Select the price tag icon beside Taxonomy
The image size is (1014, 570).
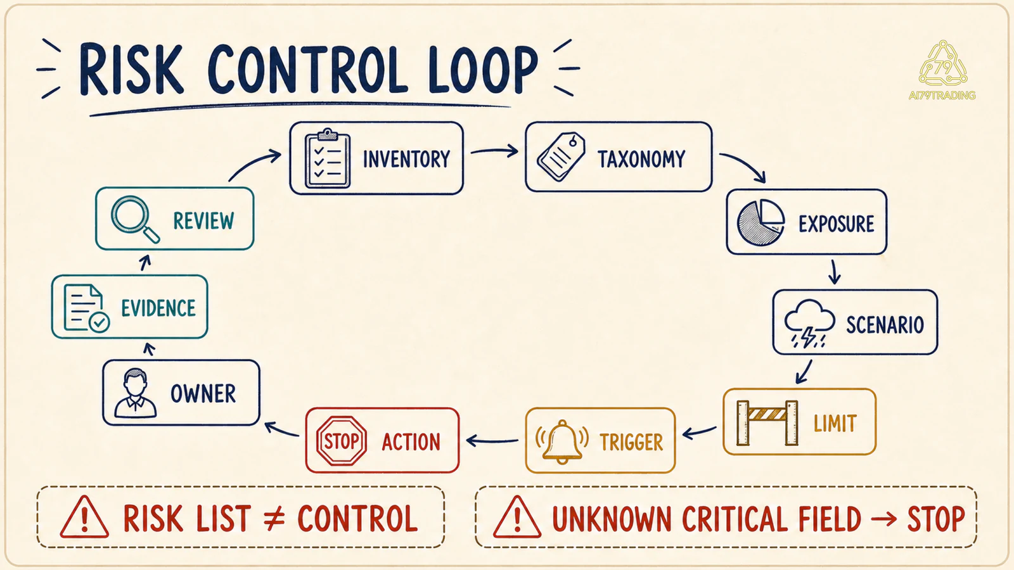click(561, 156)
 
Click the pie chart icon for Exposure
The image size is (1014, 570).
click(760, 222)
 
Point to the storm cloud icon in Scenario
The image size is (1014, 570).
click(809, 323)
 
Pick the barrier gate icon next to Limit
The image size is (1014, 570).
click(767, 422)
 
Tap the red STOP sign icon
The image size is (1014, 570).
click(342, 441)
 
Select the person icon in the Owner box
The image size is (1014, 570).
click(136, 393)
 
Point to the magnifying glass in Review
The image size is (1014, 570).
click(135, 219)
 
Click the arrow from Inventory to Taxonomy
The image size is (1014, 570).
click(494, 151)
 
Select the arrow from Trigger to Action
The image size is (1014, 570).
click(492, 440)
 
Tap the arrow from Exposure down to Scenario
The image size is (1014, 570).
click(834, 272)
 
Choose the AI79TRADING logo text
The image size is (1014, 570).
click(942, 96)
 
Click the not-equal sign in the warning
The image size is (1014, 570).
click(274, 519)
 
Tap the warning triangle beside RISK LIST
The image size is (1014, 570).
click(84, 517)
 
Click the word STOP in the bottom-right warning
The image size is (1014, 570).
click(935, 519)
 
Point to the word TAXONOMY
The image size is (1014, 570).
click(641, 159)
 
